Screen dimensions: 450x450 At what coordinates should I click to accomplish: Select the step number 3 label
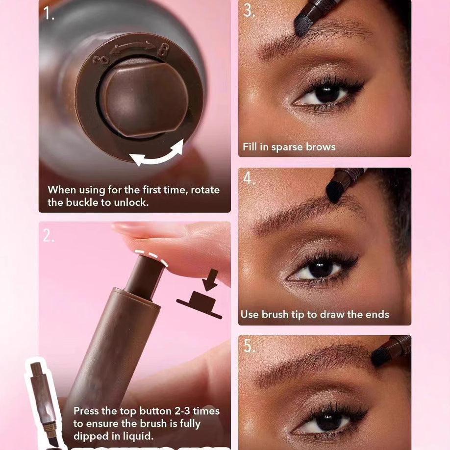[x=249, y=10]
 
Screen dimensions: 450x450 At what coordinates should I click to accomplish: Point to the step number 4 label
[x=249, y=179]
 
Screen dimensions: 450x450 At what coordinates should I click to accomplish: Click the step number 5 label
[x=249, y=346]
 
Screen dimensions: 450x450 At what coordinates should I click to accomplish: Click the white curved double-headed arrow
[x=156, y=152]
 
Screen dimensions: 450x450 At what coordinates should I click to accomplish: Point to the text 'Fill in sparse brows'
[x=289, y=147]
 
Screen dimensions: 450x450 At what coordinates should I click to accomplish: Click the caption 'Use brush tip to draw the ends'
[x=314, y=314]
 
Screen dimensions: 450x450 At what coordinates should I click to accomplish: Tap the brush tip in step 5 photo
[x=381, y=356]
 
